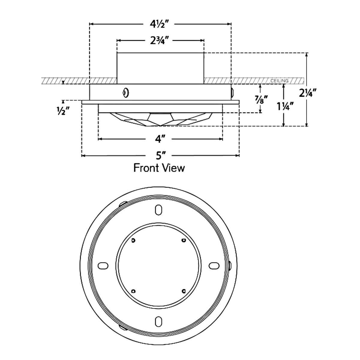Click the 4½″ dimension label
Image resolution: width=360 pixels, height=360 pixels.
[x=160, y=24]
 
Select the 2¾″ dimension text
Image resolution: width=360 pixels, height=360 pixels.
[x=160, y=40]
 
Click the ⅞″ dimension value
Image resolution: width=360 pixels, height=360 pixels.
[x=260, y=99]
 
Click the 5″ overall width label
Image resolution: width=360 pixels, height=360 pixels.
[x=161, y=156]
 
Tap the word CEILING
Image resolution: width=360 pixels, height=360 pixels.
[x=279, y=81]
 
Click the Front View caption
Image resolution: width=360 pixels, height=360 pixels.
[x=159, y=168]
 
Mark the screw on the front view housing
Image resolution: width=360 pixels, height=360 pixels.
[x=125, y=93]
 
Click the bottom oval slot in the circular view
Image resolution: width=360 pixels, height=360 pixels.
[x=158, y=321]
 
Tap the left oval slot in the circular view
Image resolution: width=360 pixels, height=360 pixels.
[x=103, y=265]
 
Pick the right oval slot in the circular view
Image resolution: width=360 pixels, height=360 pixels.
[x=214, y=265]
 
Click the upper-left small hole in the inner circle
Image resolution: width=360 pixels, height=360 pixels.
[x=133, y=240]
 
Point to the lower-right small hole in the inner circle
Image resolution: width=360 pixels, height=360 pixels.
[x=184, y=291]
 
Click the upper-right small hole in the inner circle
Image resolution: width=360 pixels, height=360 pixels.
[x=184, y=240]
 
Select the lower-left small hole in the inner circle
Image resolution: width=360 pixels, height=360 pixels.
[x=133, y=291]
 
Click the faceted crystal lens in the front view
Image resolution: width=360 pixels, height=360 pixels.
[x=160, y=119]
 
